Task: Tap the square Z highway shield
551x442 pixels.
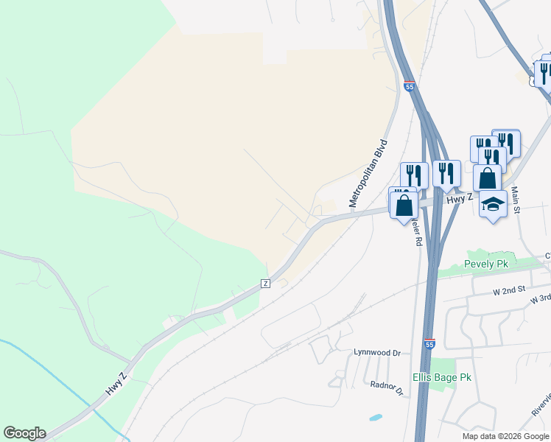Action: point(265,284)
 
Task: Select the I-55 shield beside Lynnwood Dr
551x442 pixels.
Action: point(429,344)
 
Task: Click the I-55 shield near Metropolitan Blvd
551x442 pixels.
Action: point(410,87)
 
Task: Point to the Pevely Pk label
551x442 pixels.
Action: point(487,264)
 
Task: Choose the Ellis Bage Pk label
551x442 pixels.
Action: point(441,377)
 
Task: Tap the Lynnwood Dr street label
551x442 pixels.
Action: point(376,353)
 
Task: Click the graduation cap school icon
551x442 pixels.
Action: point(493,205)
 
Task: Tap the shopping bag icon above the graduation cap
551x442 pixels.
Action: point(487,178)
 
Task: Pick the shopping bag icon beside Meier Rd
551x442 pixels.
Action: point(404,205)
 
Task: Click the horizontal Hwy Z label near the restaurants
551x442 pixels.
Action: point(459,199)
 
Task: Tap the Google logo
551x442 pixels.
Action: point(24,433)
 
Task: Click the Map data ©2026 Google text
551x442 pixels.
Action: point(505,436)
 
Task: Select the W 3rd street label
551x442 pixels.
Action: point(540,299)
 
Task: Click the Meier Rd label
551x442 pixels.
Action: point(417,230)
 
